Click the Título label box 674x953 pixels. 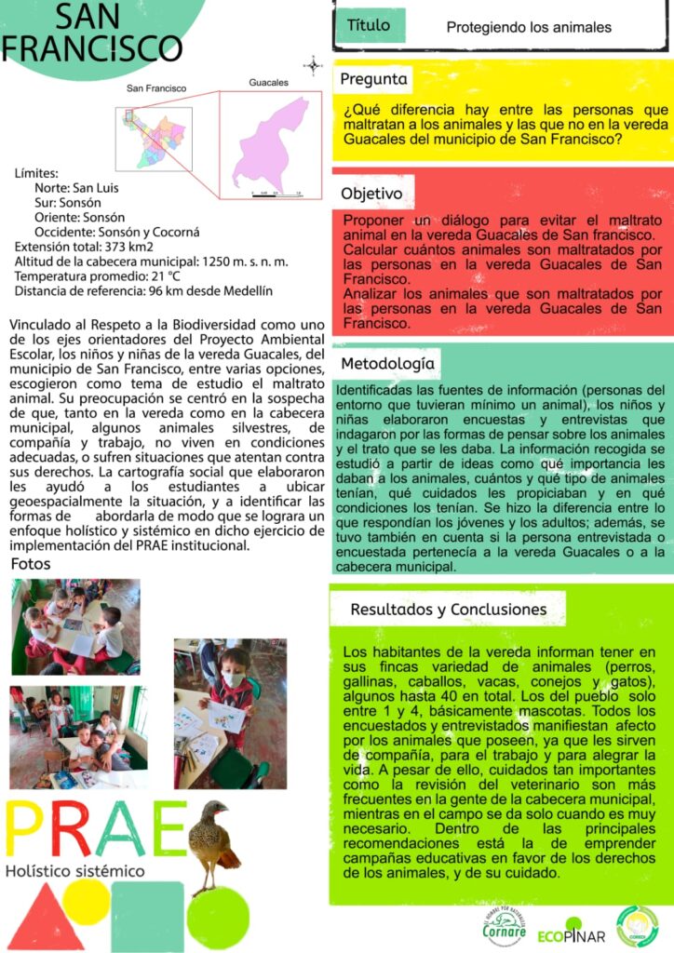tap(368, 26)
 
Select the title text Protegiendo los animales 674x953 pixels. tap(529, 28)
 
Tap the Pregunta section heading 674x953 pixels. tap(374, 79)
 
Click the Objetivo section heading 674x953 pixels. tap(371, 195)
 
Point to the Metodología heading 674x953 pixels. tap(386, 363)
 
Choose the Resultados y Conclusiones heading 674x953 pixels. tap(448, 610)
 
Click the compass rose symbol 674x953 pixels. tap(313, 65)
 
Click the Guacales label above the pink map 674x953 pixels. tap(268, 83)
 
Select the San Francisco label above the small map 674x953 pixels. tap(156, 88)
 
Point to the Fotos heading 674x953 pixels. tap(31, 565)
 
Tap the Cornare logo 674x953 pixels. tap(505, 924)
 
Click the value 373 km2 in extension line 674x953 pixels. tap(125, 247)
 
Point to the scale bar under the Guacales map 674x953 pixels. tap(276, 192)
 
